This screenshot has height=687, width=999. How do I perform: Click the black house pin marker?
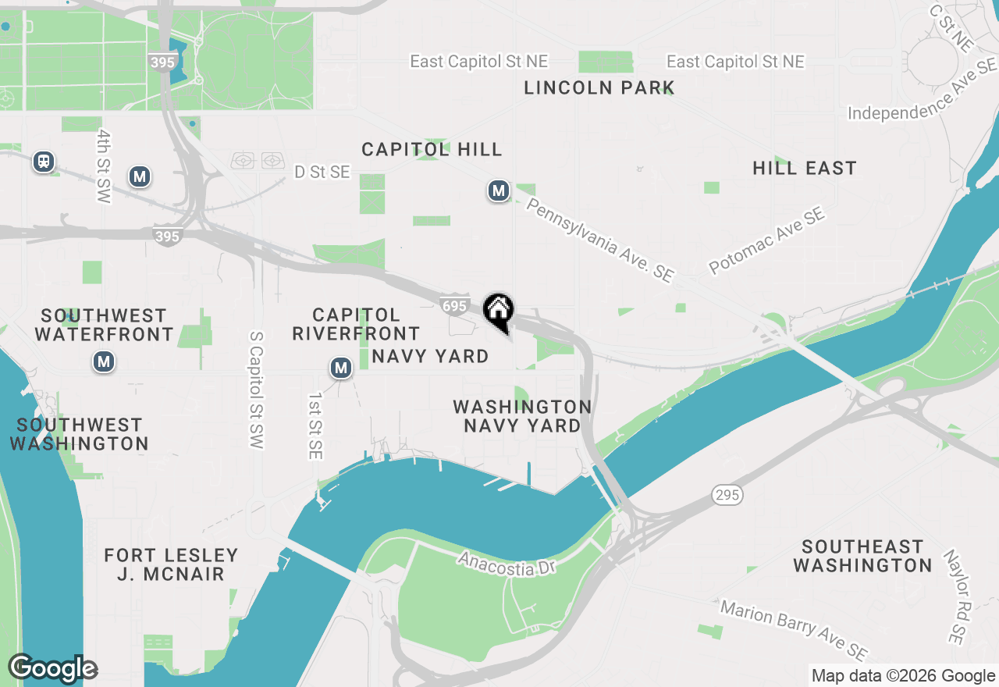coord(498,311)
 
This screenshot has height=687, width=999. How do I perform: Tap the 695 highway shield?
coord(454,304)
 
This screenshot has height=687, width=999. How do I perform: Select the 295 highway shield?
coord(727,494)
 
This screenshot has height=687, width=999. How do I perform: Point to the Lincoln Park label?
coord(599,87)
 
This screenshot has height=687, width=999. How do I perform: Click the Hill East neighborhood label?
coord(805,168)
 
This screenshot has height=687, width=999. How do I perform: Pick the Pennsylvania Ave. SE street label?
coord(599,240)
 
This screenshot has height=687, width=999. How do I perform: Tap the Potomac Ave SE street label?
coord(766,241)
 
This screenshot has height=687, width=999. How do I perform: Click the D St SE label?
coord(322,172)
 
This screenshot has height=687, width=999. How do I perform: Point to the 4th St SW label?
coord(104,166)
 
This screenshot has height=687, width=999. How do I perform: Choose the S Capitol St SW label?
coord(255,390)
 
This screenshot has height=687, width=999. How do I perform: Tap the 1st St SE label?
coord(315,425)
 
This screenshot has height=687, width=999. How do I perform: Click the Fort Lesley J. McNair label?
coord(171,564)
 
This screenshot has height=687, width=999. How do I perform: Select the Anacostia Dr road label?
coord(507,564)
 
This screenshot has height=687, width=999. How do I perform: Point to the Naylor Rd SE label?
coord(953,597)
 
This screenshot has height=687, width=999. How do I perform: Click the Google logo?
coord(53,668)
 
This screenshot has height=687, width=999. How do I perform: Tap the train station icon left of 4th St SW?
coord(44,162)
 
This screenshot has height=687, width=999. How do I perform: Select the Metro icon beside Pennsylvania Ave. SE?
coord(498,190)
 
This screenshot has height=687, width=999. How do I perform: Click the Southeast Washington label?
coord(862,555)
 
